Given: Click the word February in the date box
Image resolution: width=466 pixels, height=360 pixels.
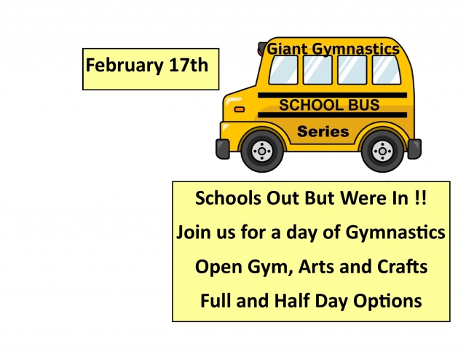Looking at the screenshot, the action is [125, 66].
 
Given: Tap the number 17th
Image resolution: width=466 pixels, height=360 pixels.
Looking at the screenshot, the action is [189, 65].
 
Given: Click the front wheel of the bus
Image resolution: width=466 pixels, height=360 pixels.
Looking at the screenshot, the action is [262, 151].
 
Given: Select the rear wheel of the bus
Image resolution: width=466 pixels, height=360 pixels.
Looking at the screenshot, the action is [382, 151].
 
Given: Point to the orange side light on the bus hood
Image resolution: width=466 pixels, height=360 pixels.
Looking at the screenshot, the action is [240, 109].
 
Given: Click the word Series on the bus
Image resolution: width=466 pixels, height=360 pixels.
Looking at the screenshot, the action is [323, 131].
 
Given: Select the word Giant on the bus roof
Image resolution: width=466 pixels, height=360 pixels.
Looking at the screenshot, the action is [288, 49].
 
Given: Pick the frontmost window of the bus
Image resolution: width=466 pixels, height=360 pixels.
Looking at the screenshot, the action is [283, 70].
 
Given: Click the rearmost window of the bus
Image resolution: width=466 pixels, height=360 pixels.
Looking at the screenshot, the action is [387, 70].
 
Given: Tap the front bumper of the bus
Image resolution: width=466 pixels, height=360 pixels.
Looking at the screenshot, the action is [222, 149].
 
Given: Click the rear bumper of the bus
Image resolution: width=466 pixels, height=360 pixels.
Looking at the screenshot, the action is [414, 149].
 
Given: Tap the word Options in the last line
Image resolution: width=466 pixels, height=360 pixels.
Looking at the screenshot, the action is [387, 301].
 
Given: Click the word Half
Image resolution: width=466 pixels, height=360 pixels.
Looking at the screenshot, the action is [292, 300].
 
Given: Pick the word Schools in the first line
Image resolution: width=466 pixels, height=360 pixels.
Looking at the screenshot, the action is [228, 197].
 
